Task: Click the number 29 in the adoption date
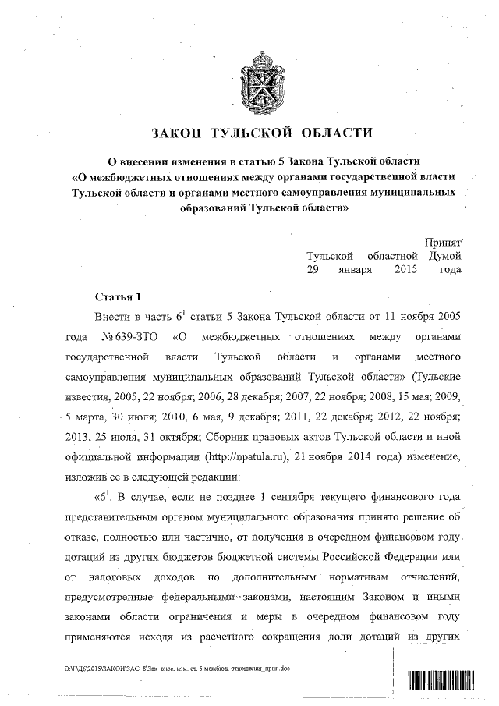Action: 313,270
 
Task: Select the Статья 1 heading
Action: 118,298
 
